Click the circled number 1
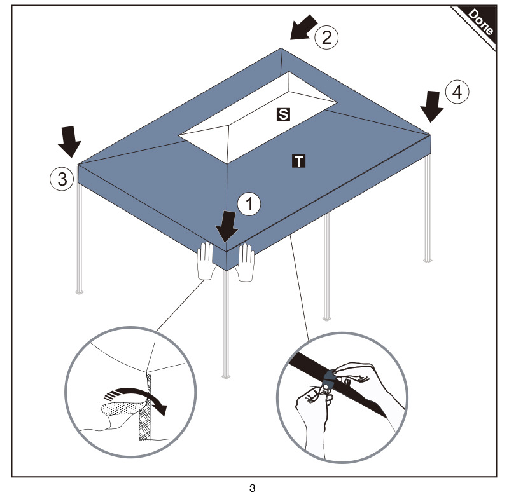[249, 203]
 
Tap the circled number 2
[326, 37]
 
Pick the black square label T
[298, 161]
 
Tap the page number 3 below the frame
[253, 487]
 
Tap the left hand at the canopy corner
[205, 261]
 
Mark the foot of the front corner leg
[227, 376]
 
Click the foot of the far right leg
[428, 259]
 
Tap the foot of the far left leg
[79, 292]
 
